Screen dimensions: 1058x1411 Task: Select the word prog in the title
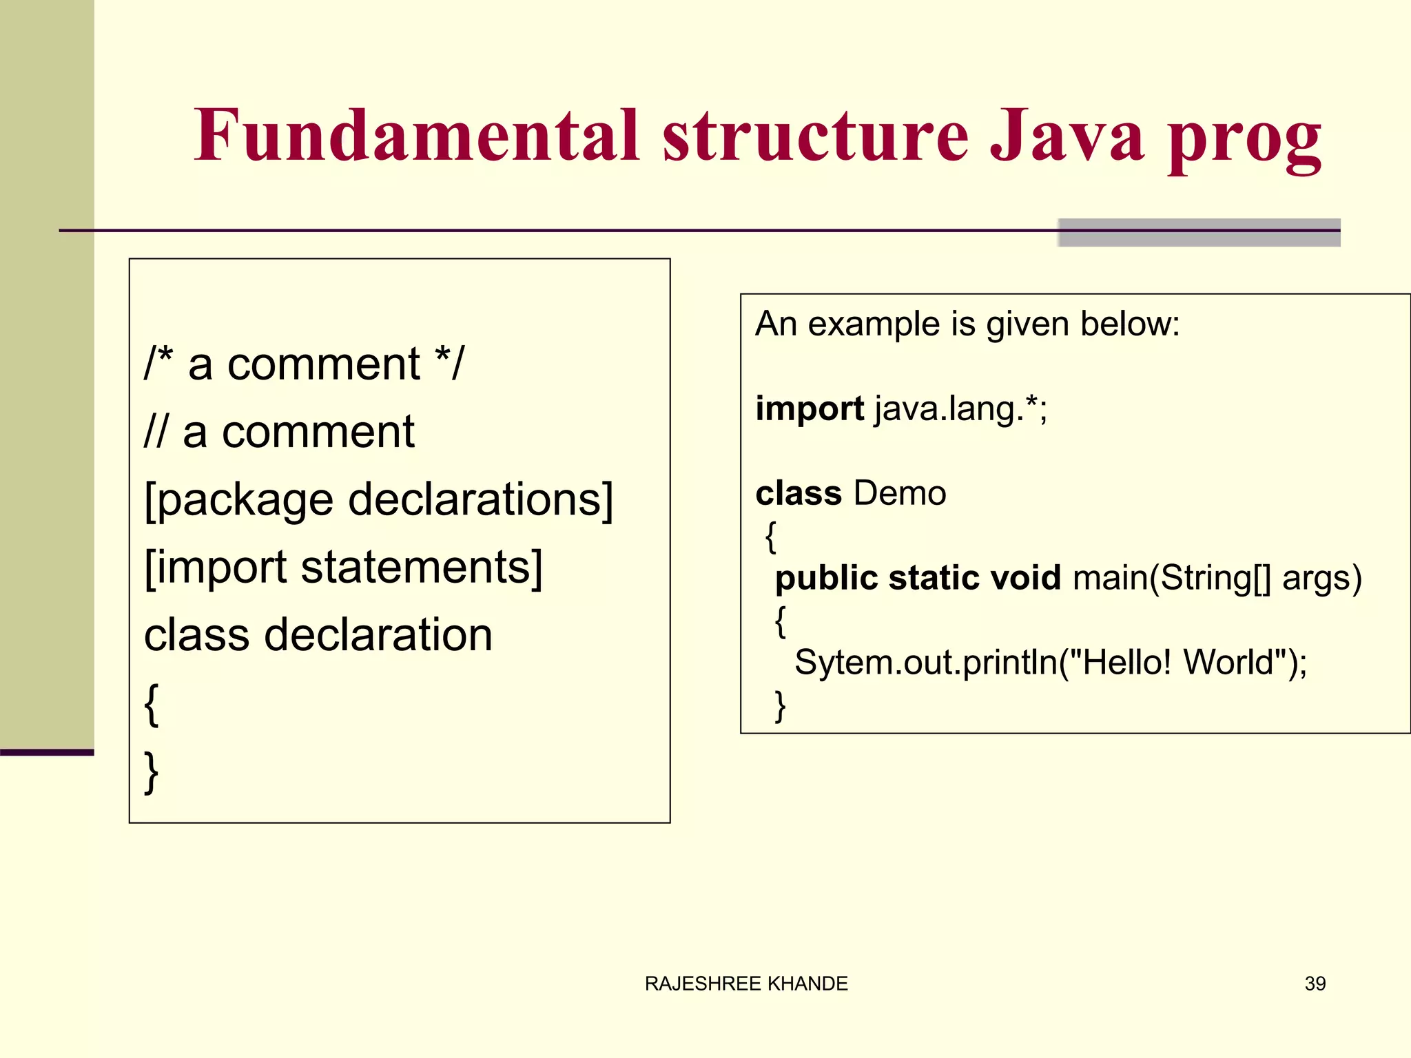[1244, 141]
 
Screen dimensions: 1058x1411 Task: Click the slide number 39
[1315, 984]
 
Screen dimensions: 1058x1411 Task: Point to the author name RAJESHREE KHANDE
[746, 984]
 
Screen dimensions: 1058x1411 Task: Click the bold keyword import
[809, 409]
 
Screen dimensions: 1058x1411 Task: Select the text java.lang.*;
[961, 409]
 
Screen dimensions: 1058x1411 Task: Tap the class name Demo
[899, 493]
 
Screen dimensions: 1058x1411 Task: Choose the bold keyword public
[825, 578]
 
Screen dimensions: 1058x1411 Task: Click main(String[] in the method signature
[1171, 578]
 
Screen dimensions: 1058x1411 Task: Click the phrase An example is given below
[967, 324]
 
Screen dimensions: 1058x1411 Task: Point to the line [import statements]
[343, 567]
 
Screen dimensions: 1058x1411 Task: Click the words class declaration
[318, 634]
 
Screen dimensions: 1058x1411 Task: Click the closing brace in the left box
[152, 771]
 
